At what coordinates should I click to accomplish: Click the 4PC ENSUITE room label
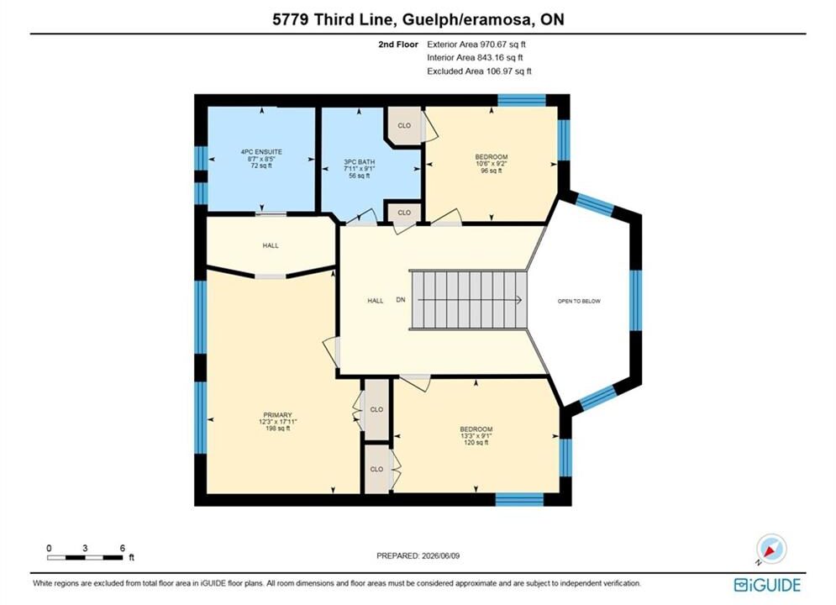261,152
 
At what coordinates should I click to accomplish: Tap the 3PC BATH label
360,162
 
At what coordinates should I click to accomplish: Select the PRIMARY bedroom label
278,415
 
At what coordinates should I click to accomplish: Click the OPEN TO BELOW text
579,301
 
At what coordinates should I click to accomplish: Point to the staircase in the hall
468,301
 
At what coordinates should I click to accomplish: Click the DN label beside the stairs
401,300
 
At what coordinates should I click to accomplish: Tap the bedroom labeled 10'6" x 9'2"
491,164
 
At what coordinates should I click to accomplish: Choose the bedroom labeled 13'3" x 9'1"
476,435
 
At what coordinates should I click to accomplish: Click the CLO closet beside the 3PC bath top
404,126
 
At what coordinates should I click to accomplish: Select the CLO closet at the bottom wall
376,469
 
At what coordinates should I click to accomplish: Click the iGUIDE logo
767,585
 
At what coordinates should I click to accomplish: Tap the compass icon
771,549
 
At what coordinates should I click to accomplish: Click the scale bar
85,558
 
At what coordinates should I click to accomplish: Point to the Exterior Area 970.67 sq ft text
476,45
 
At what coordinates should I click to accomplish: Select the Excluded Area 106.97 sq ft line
479,71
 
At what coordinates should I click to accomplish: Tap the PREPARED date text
418,555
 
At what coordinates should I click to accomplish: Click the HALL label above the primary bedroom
271,245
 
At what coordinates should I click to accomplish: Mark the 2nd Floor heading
398,45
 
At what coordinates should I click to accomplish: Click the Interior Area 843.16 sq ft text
475,58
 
